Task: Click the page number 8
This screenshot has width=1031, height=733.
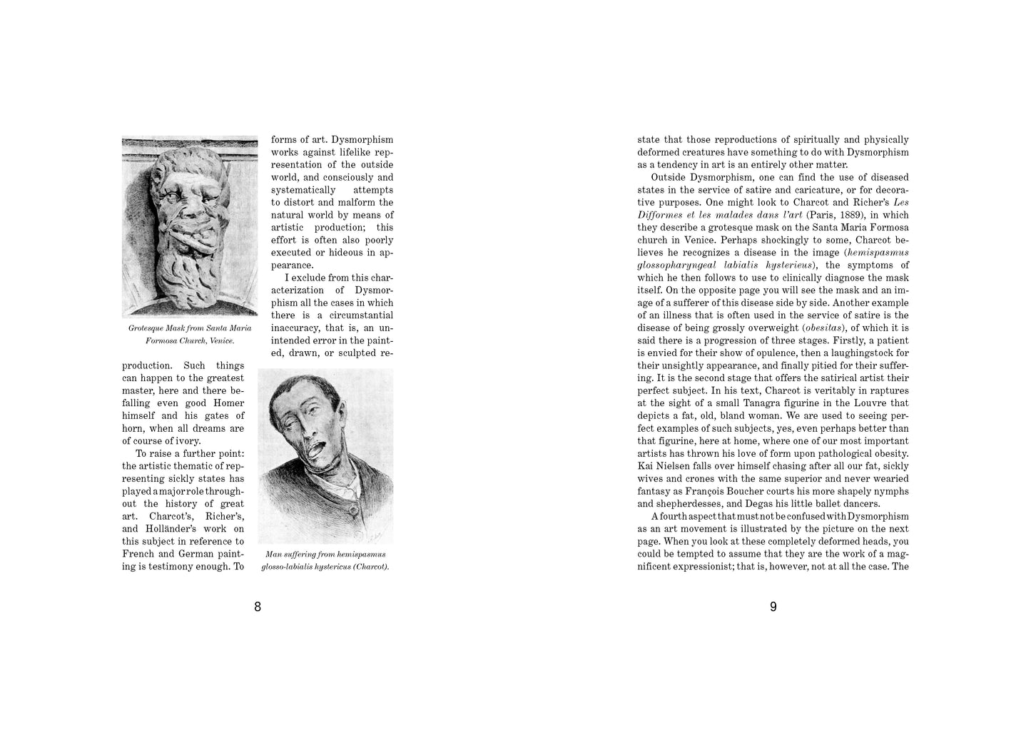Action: [x=258, y=607]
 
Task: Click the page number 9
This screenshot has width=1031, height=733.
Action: [x=773, y=607]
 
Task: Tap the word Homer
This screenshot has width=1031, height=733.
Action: [x=228, y=403]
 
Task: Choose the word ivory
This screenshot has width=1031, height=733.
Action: [x=185, y=441]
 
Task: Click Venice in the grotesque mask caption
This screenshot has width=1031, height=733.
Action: [x=220, y=340]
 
